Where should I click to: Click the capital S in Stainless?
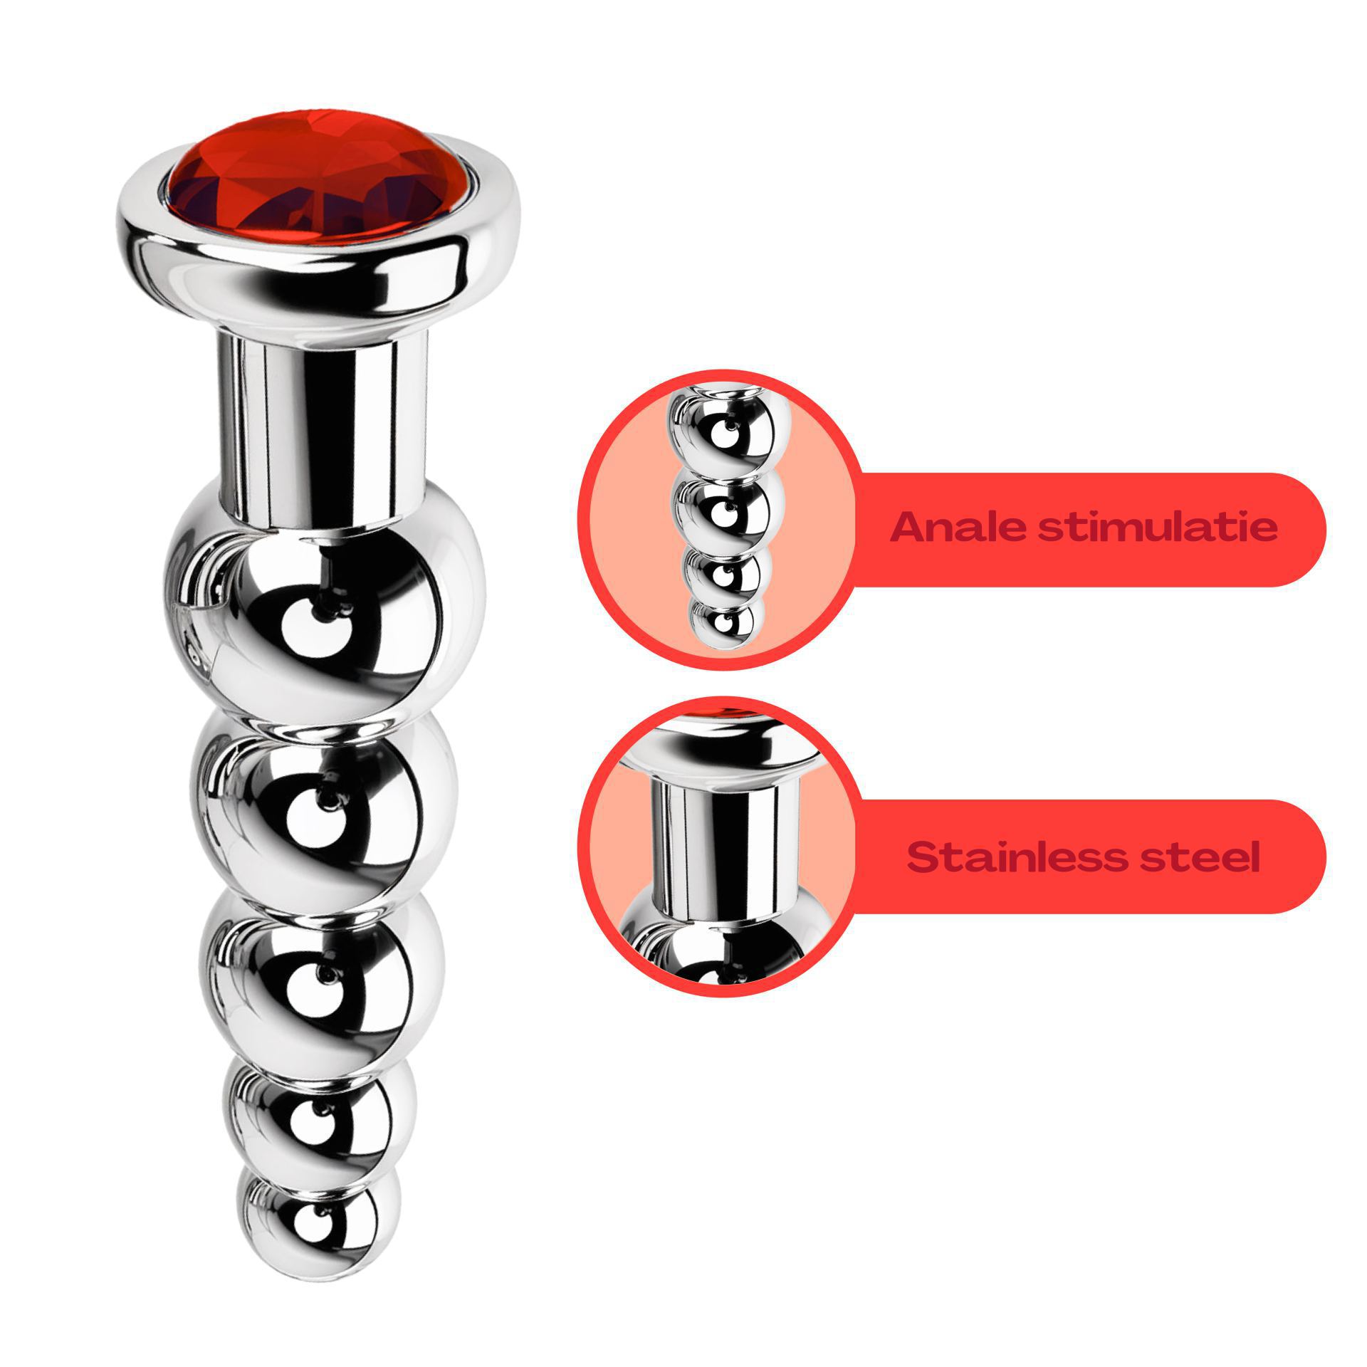923,858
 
